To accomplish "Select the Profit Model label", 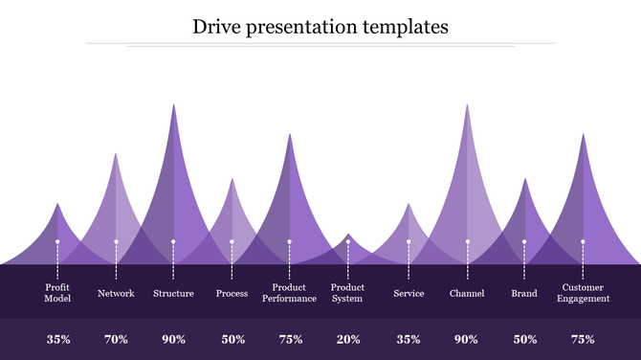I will click(x=57, y=293).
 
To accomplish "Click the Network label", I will click(x=116, y=293).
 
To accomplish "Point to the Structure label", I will click(x=173, y=293).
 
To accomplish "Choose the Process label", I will click(x=232, y=293).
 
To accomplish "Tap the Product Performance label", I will click(x=289, y=293).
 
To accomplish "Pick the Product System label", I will click(x=347, y=293).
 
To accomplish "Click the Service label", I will click(x=409, y=293).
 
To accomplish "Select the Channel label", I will click(x=467, y=293).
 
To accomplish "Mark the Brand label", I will click(x=524, y=293).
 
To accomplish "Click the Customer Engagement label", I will click(x=583, y=293).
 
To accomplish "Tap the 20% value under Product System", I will click(x=348, y=339).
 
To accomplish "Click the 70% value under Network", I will click(x=116, y=339).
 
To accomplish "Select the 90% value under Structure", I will click(x=173, y=339).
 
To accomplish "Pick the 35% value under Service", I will click(x=409, y=339).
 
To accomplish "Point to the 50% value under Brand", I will click(x=524, y=339).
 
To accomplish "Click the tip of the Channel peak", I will click(x=467, y=105).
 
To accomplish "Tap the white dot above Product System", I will click(x=348, y=242).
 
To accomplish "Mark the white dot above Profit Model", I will click(x=57, y=242).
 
